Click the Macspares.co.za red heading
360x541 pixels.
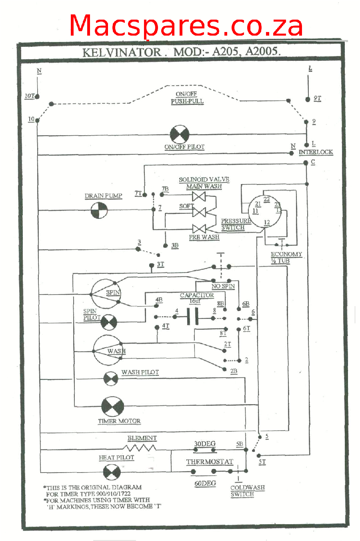(186, 26)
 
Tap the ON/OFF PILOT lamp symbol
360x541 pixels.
(179, 134)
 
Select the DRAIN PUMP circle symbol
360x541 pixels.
(99, 210)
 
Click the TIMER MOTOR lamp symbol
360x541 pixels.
(113, 407)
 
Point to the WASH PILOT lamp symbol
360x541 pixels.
(111, 379)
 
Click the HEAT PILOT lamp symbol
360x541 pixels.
(112, 473)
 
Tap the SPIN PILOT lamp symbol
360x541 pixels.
(108, 322)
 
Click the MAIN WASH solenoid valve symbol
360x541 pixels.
(199, 196)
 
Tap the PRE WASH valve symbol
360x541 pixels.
(199, 228)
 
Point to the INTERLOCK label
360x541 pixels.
(316, 152)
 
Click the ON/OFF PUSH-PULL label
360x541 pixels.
(187, 98)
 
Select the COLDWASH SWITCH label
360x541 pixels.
(247, 491)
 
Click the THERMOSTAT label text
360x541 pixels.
(209, 461)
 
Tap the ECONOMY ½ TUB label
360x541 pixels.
(286, 257)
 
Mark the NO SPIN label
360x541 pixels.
(223, 286)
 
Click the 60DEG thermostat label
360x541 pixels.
(205, 483)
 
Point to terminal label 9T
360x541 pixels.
(317, 98)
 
